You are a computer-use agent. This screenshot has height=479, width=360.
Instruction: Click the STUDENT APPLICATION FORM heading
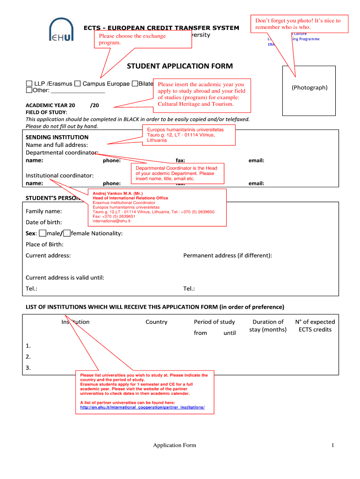[180, 66]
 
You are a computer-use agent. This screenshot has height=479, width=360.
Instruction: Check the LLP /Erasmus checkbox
[29, 84]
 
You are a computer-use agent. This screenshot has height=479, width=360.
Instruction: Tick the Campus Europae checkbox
[78, 84]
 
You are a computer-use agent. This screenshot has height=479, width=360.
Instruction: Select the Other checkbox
[29, 90]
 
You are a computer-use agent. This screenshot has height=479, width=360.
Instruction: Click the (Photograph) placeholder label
[310, 87]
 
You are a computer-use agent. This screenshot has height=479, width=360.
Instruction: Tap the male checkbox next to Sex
[43, 233]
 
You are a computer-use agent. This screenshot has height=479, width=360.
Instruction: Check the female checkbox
[67, 233]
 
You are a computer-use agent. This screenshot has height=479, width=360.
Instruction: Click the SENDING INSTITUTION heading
[57, 137]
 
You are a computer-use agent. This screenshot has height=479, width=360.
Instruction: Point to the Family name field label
[43, 211]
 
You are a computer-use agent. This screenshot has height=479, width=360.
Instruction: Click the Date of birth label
[43, 222]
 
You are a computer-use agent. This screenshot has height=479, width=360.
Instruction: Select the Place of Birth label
[44, 244]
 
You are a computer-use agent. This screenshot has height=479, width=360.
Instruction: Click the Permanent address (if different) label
[227, 255]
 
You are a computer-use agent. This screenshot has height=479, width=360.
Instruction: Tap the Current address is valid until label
[65, 277]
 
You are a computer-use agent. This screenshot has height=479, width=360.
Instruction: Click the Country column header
[156, 322]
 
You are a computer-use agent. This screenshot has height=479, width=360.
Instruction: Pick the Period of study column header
[214, 322]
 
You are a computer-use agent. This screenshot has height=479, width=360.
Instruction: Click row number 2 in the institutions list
[29, 357]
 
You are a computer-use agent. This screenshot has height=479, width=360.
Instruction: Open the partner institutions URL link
[142, 407]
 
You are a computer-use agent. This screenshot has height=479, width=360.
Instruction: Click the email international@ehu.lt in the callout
[111, 221]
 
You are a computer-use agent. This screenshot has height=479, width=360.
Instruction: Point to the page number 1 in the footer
[332, 445]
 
